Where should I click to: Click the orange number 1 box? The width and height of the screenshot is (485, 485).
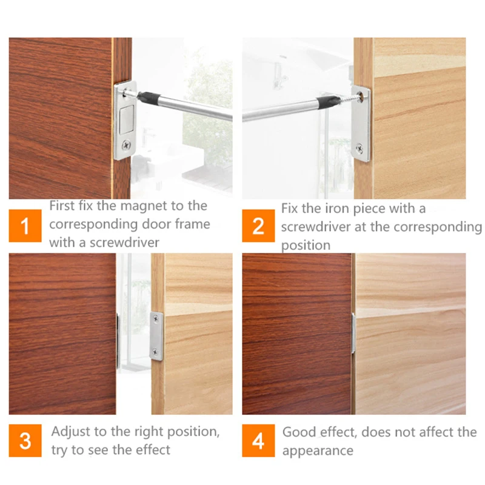tap(25, 227)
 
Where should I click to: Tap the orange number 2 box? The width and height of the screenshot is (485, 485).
tap(258, 227)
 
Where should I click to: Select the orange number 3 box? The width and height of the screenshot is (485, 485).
tap(25, 441)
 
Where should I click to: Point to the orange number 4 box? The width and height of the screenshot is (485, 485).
tap(258, 441)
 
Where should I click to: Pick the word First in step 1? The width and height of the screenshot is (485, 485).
tap(62, 206)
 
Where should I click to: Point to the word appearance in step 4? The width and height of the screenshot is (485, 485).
tap(317, 451)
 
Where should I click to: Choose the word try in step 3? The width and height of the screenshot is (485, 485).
tap(60, 450)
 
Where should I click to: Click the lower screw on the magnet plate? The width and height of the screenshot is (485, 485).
tap(126, 145)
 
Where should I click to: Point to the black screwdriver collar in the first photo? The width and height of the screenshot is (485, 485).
tap(146, 96)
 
